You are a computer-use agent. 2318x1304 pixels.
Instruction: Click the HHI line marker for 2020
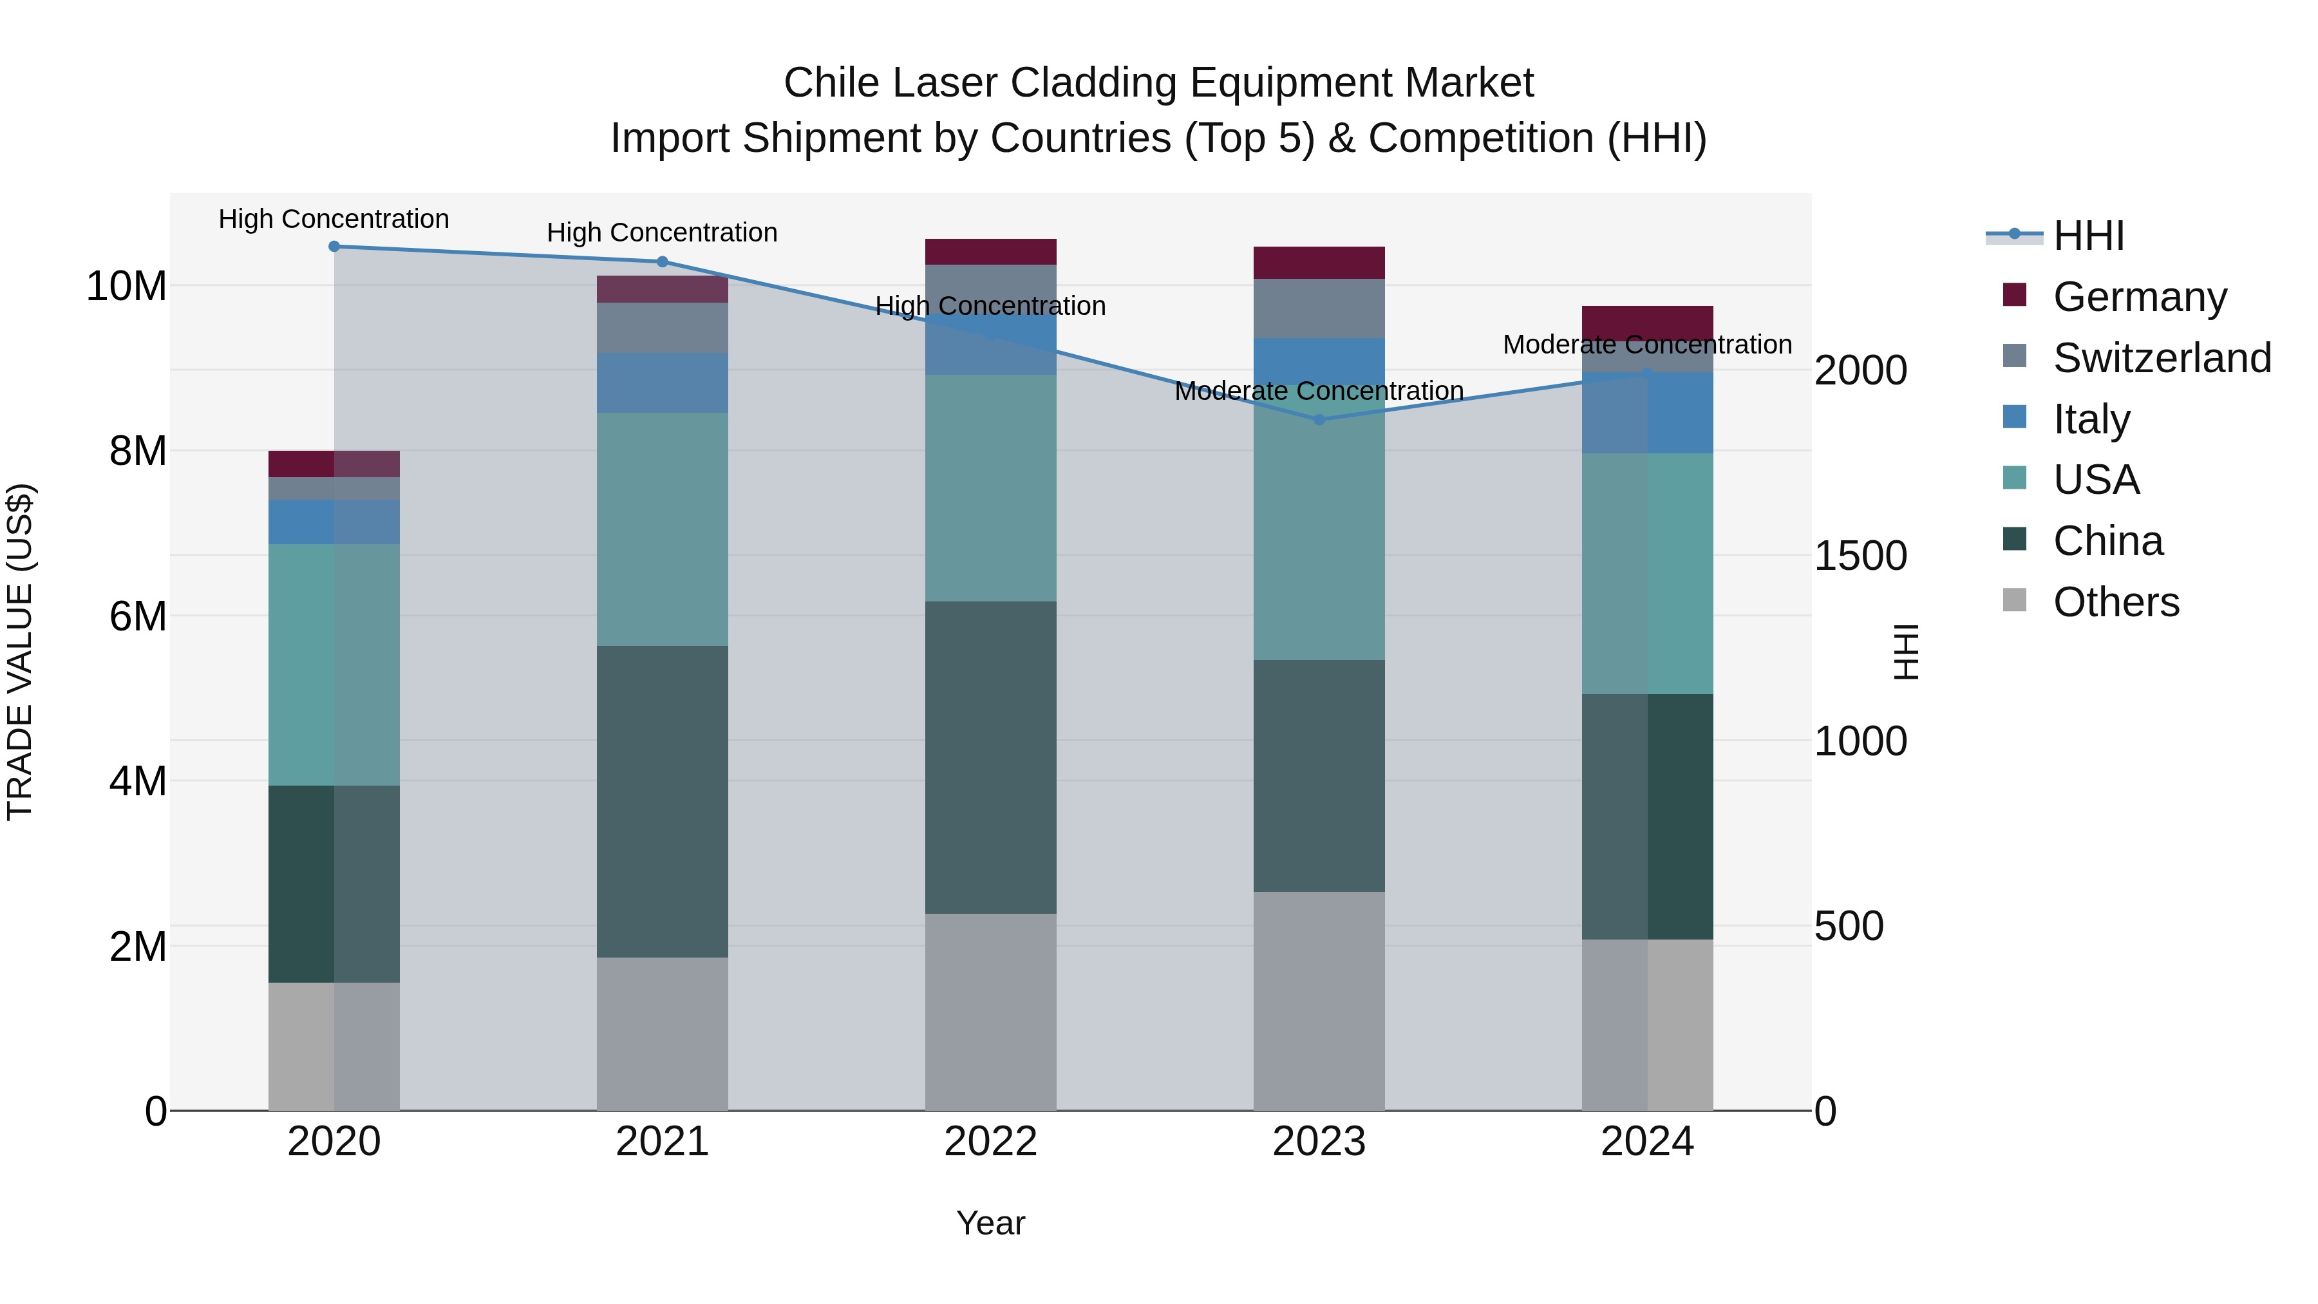click(x=334, y=247)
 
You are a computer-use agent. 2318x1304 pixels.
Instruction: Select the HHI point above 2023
click(x=1319, y=419)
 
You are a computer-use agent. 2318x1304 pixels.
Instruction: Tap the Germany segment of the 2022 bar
click(x=991, y=252)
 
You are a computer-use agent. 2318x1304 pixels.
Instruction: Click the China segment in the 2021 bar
click(x=663, y=801)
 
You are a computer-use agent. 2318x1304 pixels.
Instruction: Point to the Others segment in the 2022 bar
click(x=991, y=1012)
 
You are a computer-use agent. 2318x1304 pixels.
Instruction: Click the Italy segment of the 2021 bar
click(x=663, y=383)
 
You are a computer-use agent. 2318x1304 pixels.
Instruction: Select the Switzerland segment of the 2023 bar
click(x=1319, y=308)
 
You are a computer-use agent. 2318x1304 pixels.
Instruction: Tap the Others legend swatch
click(x=2015, y=600)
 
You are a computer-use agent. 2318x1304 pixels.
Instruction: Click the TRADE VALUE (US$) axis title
click(x=21, y=652)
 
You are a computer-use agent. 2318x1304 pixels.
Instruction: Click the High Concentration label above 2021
click(x=663, y=233)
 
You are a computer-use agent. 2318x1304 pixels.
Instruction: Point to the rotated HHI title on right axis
click(x=1906, y=652)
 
